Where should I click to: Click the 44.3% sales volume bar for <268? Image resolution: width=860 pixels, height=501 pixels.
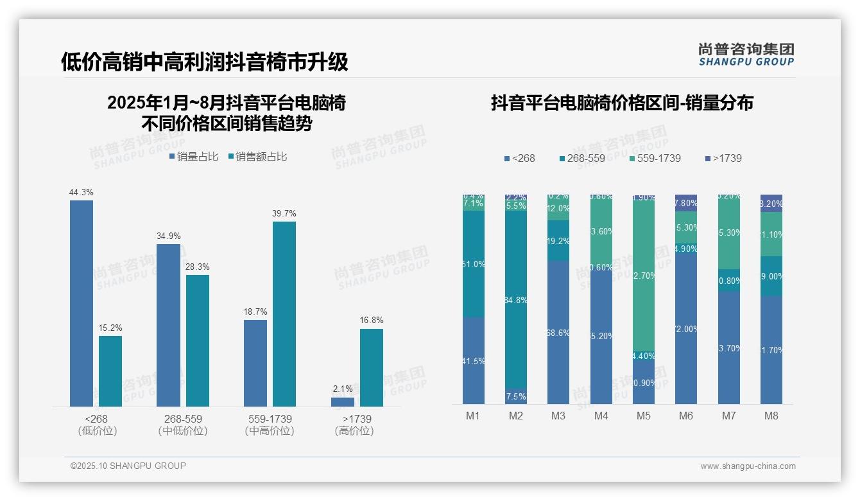82,303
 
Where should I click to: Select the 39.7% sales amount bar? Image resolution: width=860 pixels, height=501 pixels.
284,314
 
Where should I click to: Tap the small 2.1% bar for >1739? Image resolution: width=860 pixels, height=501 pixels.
343,401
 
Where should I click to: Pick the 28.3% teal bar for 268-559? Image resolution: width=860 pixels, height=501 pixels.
198,340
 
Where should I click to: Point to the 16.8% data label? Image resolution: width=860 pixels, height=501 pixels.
372,320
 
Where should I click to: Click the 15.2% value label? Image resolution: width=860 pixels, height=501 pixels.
110,328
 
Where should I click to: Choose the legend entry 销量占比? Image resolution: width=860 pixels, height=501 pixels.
193,156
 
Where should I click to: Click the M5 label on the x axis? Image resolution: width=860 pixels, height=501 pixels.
644,416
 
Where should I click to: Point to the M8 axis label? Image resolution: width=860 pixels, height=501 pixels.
771,416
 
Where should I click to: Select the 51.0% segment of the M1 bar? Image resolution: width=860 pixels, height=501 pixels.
473,264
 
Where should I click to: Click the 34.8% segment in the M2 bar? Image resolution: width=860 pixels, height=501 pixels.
516,300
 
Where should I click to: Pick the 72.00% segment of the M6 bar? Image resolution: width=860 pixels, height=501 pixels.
686,329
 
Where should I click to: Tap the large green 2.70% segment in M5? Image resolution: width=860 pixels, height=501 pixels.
644,276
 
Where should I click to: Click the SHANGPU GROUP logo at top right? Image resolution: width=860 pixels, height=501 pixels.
746,55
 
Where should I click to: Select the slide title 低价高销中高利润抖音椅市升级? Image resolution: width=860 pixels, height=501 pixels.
205,62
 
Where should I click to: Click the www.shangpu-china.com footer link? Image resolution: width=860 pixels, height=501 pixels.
748,466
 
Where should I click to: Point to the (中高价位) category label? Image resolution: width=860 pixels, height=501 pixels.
270,431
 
